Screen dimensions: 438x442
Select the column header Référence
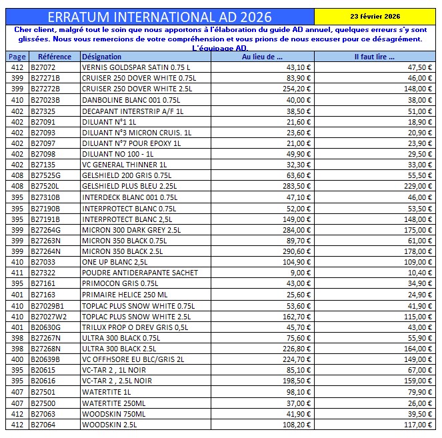pos(55,57)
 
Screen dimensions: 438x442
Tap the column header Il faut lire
pos(375,57)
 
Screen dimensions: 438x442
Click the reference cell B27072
pos(43,67)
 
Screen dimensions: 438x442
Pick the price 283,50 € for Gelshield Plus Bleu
pos(297,186)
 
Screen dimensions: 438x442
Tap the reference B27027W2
pos(49,316)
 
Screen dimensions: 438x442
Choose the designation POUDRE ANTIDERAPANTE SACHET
pos(140,273)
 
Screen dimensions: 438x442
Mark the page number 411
pos(17,273)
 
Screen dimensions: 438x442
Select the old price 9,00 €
pos(301,273)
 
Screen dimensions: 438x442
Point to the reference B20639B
pos(45,359)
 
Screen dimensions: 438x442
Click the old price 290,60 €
pos(297,251)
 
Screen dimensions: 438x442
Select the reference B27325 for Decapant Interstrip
pos(43,111)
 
